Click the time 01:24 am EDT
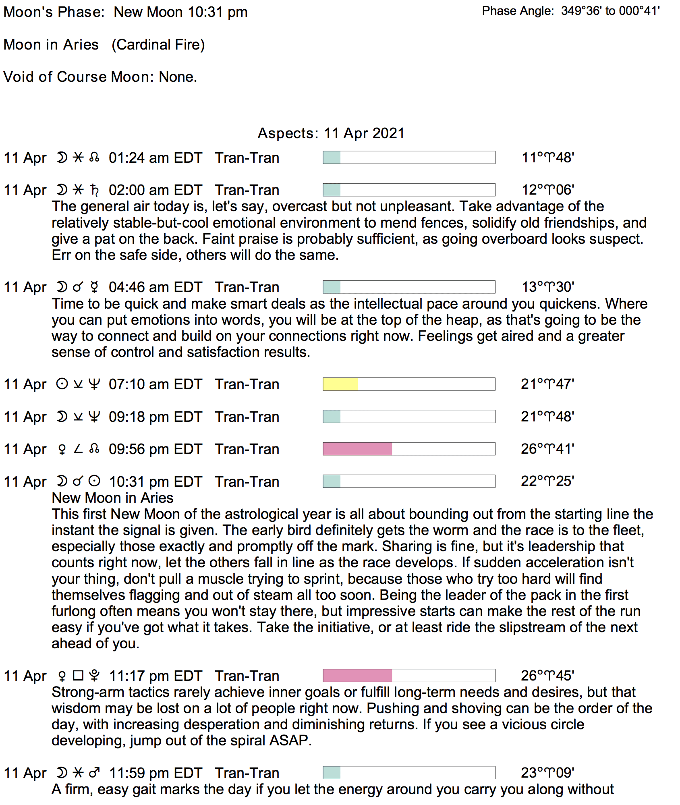tap(155, 158)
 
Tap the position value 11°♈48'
tap(547, 158)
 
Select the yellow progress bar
tap(340, 384)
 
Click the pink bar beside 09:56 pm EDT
tap(357, 449)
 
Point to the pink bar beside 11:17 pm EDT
tap(357, 675)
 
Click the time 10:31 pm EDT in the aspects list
tap(155, 481)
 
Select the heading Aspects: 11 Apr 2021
tap(331, 133)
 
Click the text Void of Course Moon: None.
tap(100, 77)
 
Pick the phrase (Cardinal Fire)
tap(158, 44)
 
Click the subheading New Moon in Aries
tap(112, 498)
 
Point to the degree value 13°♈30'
tap(547, 287)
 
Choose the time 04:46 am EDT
tap(155, 287)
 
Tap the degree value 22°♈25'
tap(547, 481)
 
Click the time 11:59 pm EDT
tap(155, 773)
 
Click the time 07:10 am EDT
tap(155, 384)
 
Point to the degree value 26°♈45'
tap(547, 675)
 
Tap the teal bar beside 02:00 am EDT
tap(332, 190)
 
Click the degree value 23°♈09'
tap(547, 772)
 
